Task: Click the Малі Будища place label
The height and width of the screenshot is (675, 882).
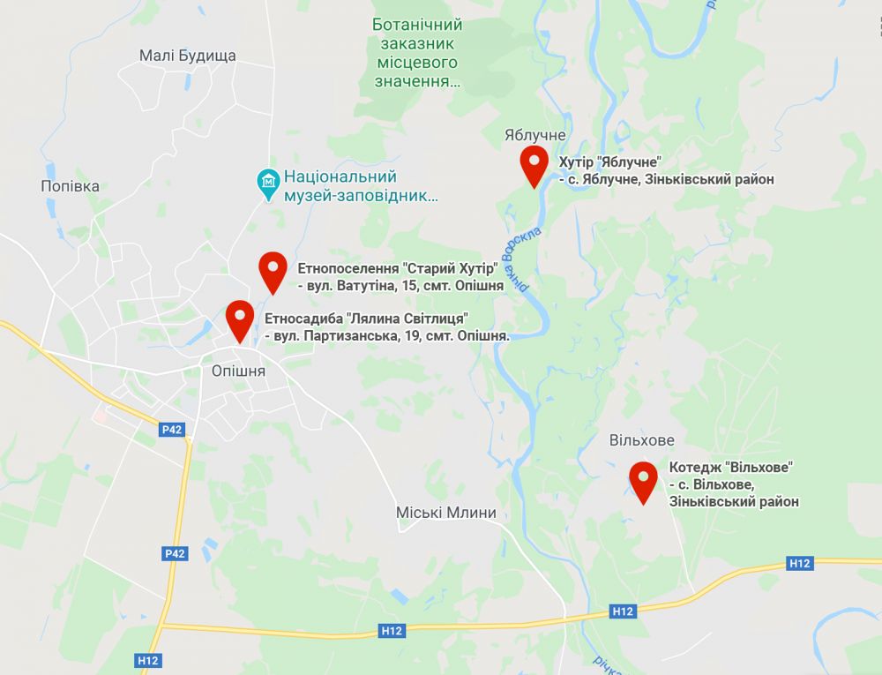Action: click(x=188, y=56)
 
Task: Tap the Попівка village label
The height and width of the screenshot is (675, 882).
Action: click(x=71, y=186)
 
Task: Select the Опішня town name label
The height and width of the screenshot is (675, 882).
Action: click(x=238, y=371)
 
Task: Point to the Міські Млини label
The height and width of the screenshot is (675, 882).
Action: click(x=445, y=513)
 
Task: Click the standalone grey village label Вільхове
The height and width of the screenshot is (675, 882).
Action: click(x=641, y=440)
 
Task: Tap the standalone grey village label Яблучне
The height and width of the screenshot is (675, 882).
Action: click(x=534, y=135)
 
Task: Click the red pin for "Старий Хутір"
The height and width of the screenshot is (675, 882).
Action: click(x=273, y=272)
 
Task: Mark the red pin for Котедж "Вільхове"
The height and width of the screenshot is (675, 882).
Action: click(x=643, y=482)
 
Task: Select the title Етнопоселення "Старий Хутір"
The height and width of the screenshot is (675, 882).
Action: click(x=399, y=269)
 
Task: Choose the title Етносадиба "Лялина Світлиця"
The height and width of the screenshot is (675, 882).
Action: click(x=366, y=319)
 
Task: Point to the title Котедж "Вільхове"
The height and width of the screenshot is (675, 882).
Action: click(x=731, y=467)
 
